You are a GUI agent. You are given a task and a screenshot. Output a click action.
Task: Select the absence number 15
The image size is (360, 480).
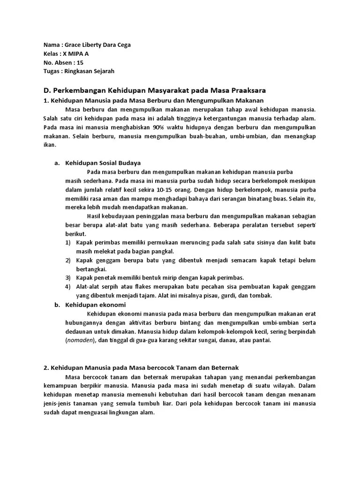(80, 62)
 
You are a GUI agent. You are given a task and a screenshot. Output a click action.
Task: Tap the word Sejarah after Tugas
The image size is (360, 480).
(103, 71)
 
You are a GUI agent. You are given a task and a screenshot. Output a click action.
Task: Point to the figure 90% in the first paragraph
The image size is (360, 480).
(158, 127)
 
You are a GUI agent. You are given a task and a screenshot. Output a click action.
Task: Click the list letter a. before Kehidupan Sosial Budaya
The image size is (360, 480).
(58, 163)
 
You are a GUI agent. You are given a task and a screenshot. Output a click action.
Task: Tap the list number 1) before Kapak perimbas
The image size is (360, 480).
(68, 242)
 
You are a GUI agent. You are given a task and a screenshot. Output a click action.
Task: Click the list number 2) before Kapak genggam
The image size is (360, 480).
(68, 260)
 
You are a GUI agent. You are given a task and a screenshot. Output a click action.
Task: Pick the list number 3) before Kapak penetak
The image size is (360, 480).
(68, 277)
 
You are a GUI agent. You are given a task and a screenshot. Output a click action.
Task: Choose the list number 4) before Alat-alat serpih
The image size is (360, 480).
(68, 286)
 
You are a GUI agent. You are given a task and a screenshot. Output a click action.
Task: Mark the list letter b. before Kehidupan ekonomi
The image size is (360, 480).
(58, 305)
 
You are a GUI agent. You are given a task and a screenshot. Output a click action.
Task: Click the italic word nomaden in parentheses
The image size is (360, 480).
(80, 341)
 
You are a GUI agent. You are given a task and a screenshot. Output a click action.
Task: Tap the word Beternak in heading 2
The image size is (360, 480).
(224, 368)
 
